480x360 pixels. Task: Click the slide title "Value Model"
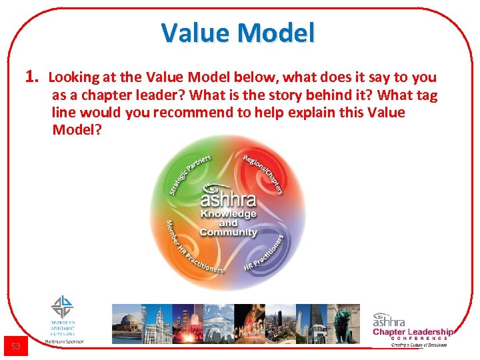pos(238,32)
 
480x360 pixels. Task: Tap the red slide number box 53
pos(16,346)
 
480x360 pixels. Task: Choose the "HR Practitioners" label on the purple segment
pos(266,254)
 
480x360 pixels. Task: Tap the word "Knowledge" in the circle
pos(228,214)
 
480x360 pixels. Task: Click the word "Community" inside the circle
pos(228,232)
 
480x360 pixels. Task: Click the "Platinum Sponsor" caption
pos(65,341)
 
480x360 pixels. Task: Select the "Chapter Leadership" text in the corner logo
pos(413,332)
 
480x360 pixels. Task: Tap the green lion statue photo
pos(346,323)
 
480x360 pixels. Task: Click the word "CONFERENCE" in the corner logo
pos(419,339)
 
